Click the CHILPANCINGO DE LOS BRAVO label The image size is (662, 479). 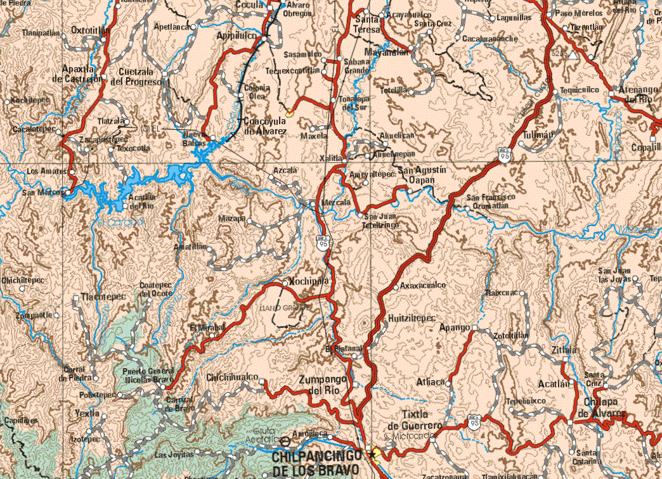tap(318, 463)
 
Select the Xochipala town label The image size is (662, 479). tap(308, 281)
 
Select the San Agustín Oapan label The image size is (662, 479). tap(422, 176)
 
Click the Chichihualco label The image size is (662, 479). tap(232, 378)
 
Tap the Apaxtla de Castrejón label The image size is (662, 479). tap(82, 73)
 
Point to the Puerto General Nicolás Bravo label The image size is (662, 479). tap(144, 375)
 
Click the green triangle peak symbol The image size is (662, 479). tap(573, 56)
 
